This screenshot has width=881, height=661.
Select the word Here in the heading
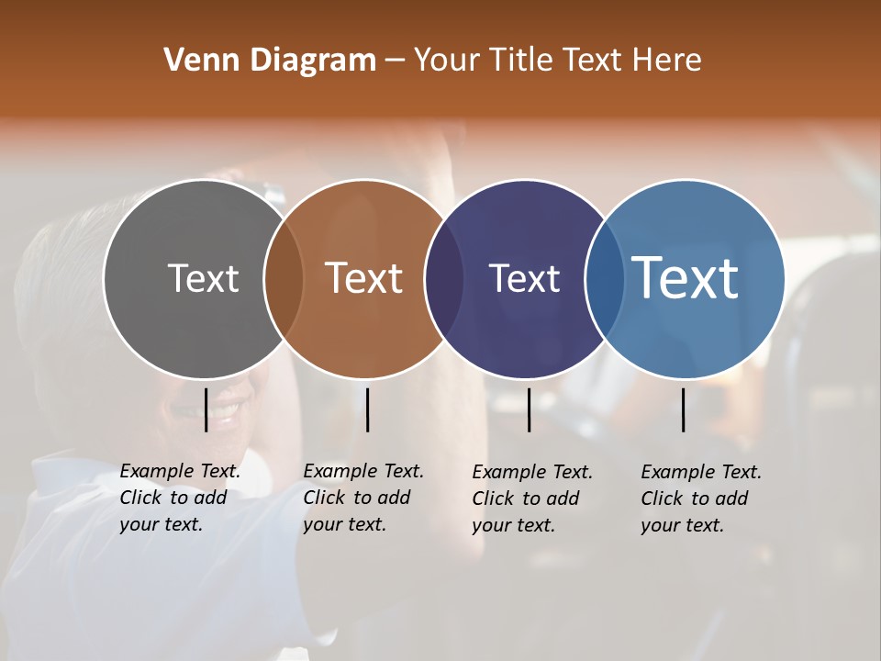pyautogui.click(x=669, y=61)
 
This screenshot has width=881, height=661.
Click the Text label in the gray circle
pyautogui.click(x=203, y=278)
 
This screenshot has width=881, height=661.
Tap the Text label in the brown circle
pyautogui.click(x=364, y=278)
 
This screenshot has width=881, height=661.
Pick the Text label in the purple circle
pyautogui.click(x=524, y=278)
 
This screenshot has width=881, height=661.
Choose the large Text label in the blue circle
pyautogui.click(x=686, y=278)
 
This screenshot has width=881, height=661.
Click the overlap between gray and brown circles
pyautogui.click(x=284, y=278)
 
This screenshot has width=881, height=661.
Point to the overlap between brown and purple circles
pyautogui.click(x=444, y=278)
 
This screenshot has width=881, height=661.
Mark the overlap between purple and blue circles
pyautogui.click(x=604, y=278)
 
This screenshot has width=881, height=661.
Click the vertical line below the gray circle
pyautogui.click(x=206, y=409)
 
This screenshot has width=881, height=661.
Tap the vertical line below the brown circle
pyautogui.click(x=367, y=409)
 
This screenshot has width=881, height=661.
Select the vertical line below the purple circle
pyautogui.click(x=529, y=409)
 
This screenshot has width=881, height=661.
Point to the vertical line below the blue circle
pyautogui.click(x=684, y=409)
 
